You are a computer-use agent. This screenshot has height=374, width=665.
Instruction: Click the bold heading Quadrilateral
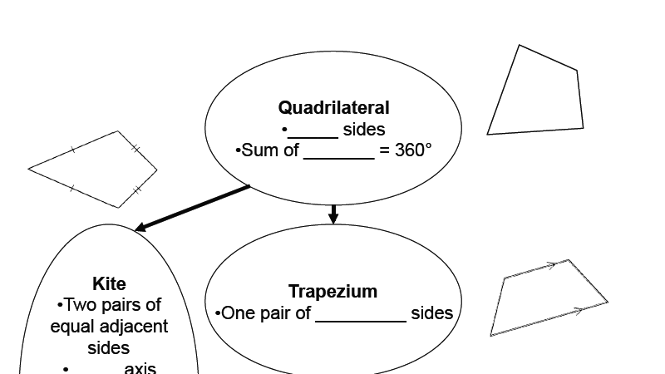click(x=333, y=107)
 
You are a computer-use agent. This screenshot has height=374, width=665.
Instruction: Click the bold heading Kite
click(x=109, y=284)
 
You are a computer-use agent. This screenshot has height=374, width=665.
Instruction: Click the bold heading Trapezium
click(x=332, y=291)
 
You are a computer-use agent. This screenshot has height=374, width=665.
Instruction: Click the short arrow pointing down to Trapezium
click(x=333, y=214)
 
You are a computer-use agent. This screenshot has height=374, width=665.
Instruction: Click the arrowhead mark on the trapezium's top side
click(x=549, y=266)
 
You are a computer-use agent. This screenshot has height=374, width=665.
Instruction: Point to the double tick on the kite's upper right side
click(x=135, y=149)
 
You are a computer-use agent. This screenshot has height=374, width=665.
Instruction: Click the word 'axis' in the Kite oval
click(x=140, y=368)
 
